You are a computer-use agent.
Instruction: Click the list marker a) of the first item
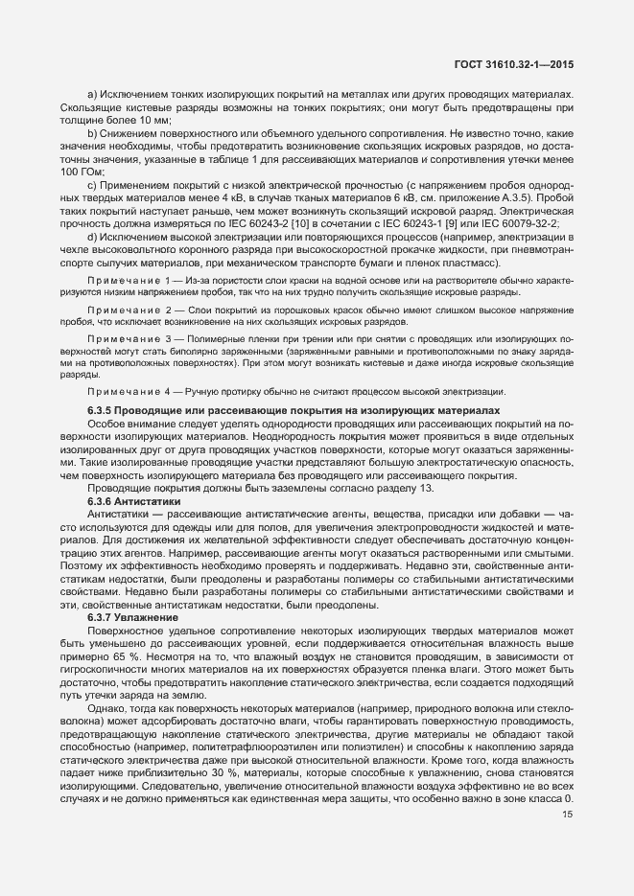(x=92, y=93)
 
